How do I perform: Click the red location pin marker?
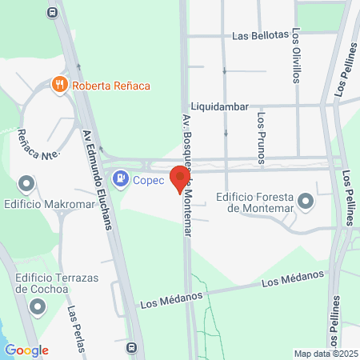180,178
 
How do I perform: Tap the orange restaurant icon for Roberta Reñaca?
58,84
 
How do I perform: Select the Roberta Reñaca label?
111,85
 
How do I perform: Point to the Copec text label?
148,180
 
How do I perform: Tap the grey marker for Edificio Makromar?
27,185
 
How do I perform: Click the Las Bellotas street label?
259,36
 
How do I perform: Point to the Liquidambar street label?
220,106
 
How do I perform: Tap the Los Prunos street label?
261,132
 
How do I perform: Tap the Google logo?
26,350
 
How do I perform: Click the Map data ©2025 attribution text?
324,354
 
